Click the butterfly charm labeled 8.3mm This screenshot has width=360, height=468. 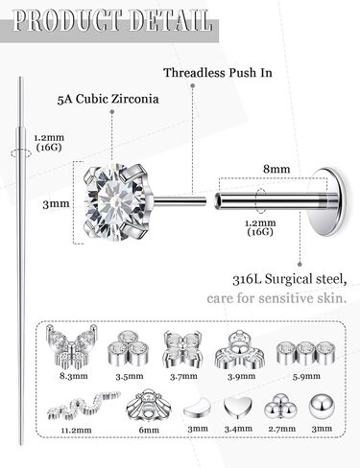(71, 346)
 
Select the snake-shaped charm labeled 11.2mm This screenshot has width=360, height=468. (84, 406)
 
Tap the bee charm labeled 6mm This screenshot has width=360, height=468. (149, 406)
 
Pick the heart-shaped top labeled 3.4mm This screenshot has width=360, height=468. (238, 407)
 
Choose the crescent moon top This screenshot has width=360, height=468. (197, 409)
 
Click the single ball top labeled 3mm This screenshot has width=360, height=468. (322, 407)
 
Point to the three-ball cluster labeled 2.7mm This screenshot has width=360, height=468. (280, 407)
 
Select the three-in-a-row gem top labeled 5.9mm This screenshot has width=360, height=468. (305, 353)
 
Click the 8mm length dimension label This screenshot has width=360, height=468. (276, 169)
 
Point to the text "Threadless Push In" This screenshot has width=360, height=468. (218, 73)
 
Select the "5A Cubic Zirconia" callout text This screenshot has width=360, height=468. (108, 99)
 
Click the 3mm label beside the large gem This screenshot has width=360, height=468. (56, 204)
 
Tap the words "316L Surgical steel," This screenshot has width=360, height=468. (290, 279)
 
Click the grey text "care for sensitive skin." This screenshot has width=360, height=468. (276, 298)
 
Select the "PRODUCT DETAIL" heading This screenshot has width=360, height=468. (112, 21)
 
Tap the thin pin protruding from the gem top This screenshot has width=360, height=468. (180, 201)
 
